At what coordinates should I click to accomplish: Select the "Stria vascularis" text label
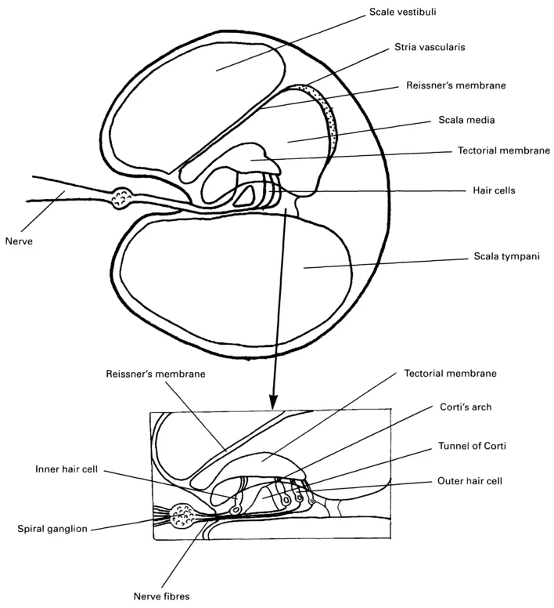click(428, 48)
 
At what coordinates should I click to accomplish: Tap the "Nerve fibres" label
click(162, 596)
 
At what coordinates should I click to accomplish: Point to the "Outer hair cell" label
click(467, 480)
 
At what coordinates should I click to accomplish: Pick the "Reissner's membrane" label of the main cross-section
click(456, 85)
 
